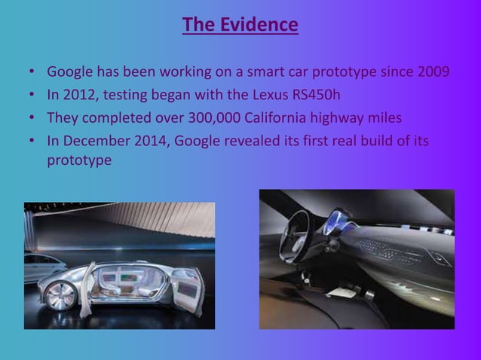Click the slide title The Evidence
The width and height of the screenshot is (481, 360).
click(x=240, y=26)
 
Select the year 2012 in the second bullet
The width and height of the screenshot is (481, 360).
click(x=80, y=96)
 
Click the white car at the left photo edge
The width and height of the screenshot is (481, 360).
click(x=35, y=267)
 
